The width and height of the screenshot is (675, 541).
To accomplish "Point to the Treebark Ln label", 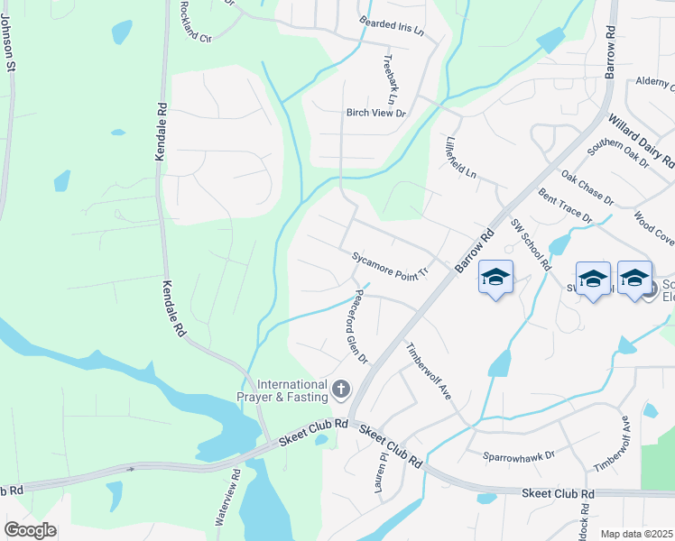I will pyautogui.click(x=389, y=78).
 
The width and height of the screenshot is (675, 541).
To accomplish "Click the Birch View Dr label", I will pyautogui.click(x=376, y=114).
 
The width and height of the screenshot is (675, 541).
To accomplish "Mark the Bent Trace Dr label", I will pyautogui.click(x=565, y=206).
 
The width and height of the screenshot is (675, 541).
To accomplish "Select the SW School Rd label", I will pyautogui.click(x=531, y=243).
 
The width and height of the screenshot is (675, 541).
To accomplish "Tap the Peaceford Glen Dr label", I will pyautogui.click(x=354, y=326).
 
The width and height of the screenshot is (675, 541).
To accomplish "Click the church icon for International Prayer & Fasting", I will pyautogui.click(x=340, y=390).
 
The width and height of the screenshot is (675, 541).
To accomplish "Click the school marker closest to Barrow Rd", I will pyautogui.click(x=495, y=275).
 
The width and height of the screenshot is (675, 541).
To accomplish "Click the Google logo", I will pyautogui.click(x=30, y=530).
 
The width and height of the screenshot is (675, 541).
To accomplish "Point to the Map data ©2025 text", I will pyautogui.click(x=635, y=534).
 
